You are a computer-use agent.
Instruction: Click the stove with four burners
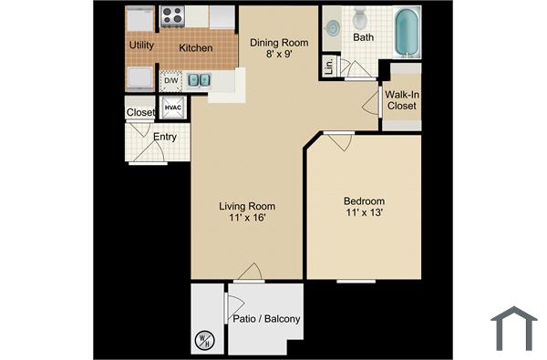coord(172,15)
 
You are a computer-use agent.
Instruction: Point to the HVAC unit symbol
coord(173,108)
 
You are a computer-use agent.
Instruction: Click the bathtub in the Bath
coord(407,29)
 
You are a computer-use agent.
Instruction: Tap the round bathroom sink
coord(332,28)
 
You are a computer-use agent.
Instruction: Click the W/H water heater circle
coord(203,342)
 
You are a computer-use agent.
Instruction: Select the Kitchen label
coord(196,47)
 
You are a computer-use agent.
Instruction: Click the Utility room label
coord(141,45)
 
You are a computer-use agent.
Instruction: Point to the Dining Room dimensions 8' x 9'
coord(279,55)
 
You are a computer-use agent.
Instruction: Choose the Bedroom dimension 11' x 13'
coord(364,213)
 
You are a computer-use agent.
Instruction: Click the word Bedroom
coord(364,201)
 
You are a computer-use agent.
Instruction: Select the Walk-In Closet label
coord(401,100)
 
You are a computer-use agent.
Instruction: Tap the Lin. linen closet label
coord(328,67)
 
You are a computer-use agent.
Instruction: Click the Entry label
coord(165,138)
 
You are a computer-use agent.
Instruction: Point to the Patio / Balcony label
coord(267,319)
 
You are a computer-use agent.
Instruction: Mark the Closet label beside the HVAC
coord(141,112)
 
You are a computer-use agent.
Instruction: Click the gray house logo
coord(514,328)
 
